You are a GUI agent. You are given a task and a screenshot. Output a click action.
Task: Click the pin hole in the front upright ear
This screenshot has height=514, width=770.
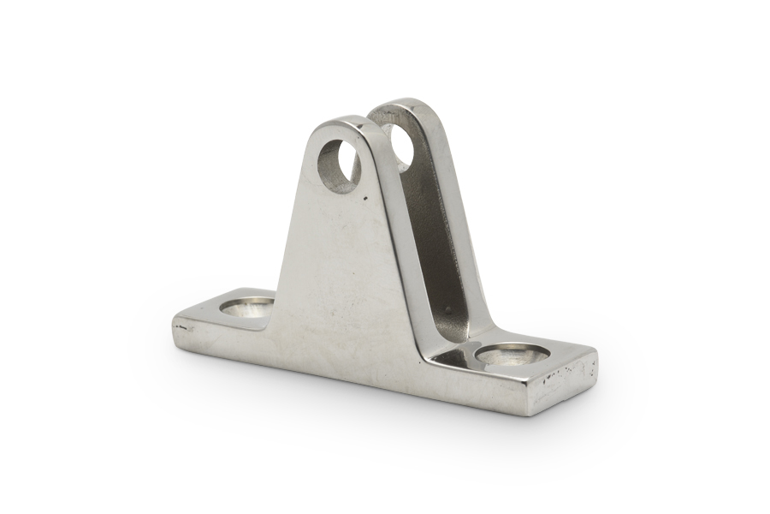[x=339, y=165]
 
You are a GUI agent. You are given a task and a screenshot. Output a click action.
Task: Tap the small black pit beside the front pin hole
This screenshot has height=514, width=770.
[x=367, y=198]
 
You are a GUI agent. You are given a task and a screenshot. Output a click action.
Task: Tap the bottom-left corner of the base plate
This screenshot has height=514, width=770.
[x=175, y=342]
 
